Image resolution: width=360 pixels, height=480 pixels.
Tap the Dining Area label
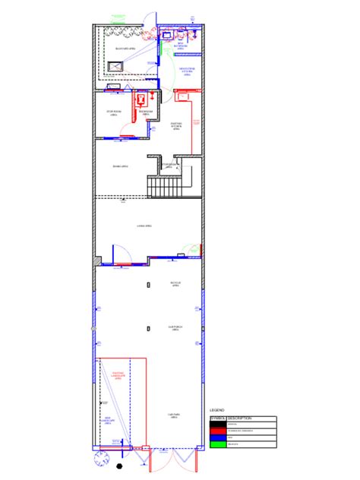point(120,166)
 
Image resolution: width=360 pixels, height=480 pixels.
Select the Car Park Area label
point(174,415)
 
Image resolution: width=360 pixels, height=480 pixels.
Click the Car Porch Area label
point(174,329)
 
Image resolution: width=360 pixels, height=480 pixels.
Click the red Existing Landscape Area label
point(118,375)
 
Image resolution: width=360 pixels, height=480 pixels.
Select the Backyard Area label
point(125,48)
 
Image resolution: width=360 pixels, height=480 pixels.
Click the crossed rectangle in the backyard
point(115,67)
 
